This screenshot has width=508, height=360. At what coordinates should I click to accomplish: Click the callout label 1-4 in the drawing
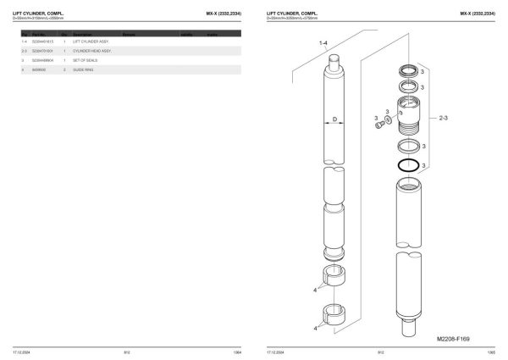pos(323,42)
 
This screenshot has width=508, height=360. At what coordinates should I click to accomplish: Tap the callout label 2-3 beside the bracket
pos(444,120)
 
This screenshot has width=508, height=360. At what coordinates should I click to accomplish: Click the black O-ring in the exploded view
pos(407,163)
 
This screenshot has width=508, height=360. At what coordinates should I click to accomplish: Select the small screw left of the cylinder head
pos(378,126)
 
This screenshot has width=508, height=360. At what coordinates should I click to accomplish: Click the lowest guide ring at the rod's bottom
pos(335,313)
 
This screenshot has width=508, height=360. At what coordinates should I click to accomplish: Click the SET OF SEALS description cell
pos(86,61)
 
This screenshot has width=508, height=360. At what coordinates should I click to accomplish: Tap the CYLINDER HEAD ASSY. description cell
pos(91,51)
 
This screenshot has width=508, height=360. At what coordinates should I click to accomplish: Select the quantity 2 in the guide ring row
pos(64,70)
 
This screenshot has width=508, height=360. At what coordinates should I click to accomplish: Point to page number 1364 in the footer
pos(236,351)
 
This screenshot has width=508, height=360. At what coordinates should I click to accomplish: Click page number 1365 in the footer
pos(490,351)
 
